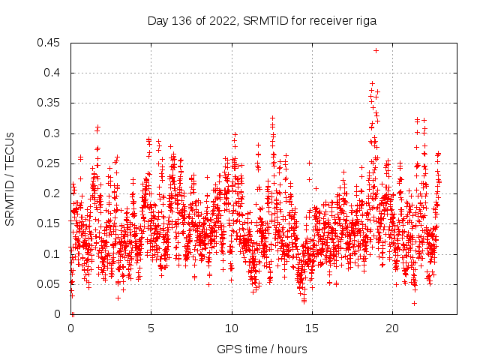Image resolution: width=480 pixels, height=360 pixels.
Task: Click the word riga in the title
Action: [365, 21]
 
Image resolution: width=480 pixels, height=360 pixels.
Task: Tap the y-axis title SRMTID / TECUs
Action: [10, 178]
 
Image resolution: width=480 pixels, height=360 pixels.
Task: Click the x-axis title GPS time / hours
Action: [262, 349]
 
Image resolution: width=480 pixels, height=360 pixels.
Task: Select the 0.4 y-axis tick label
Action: [55, 73]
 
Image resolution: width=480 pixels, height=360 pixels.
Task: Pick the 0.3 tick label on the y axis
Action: [55, 133]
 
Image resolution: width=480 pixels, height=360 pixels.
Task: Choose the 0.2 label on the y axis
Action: [55, 193]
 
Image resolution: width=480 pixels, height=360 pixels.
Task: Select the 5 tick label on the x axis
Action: [151, 328]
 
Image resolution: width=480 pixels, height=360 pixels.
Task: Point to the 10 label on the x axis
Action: [232, 328]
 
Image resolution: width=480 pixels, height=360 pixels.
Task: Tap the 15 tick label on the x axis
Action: [312, 328]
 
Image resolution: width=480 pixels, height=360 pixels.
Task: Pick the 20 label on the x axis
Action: [392, 328]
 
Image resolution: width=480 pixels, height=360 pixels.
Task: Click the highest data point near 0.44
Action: [376, 50]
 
